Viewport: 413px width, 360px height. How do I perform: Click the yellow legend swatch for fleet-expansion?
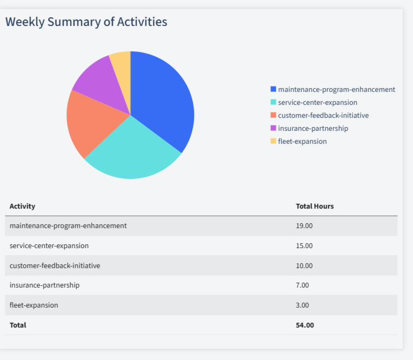[x=274, y=141]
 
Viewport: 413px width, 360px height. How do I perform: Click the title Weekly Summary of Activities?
[x=86, y=22]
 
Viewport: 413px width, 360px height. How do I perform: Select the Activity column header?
[x=22, y=206]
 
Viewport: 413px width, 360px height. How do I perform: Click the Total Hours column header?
[x=315, y=206]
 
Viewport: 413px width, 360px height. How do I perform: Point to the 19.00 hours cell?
[x=304, y=225]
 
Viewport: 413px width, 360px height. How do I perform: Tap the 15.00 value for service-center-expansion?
[x=304, y=245]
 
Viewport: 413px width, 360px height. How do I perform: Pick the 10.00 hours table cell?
[x=304, y=265]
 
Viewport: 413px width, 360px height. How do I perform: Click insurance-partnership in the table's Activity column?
[x=44, y=285]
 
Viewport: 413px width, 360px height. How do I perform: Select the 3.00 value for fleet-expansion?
[x=302, y=305]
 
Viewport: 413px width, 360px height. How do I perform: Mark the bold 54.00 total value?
[x=305, y=325]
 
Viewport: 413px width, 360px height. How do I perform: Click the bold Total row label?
[x=18, y=325]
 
